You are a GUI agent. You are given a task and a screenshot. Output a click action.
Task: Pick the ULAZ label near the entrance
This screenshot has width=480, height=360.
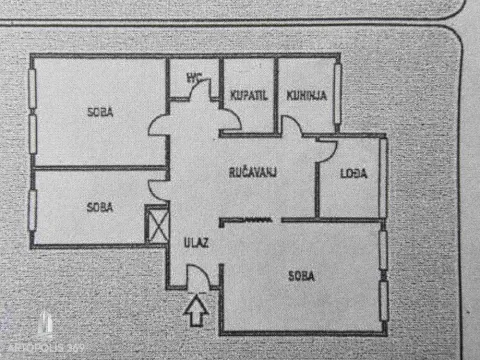coord(194,242)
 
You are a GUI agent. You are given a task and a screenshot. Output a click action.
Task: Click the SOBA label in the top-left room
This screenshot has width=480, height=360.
coord(99,113)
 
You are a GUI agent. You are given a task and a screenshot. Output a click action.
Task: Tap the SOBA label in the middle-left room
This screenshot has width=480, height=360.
coord(99,207)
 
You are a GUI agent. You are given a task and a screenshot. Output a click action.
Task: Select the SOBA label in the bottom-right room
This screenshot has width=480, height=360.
coord(304,275)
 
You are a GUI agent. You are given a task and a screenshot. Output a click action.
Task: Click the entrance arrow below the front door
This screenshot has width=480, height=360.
coord(197,314)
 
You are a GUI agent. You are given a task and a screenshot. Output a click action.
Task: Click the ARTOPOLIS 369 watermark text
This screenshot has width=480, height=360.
coord(54,345)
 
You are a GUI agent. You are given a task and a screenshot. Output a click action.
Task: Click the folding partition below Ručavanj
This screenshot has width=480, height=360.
coord(247,219)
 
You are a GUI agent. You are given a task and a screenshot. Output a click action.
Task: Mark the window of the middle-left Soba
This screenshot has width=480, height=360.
coord(32,210)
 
